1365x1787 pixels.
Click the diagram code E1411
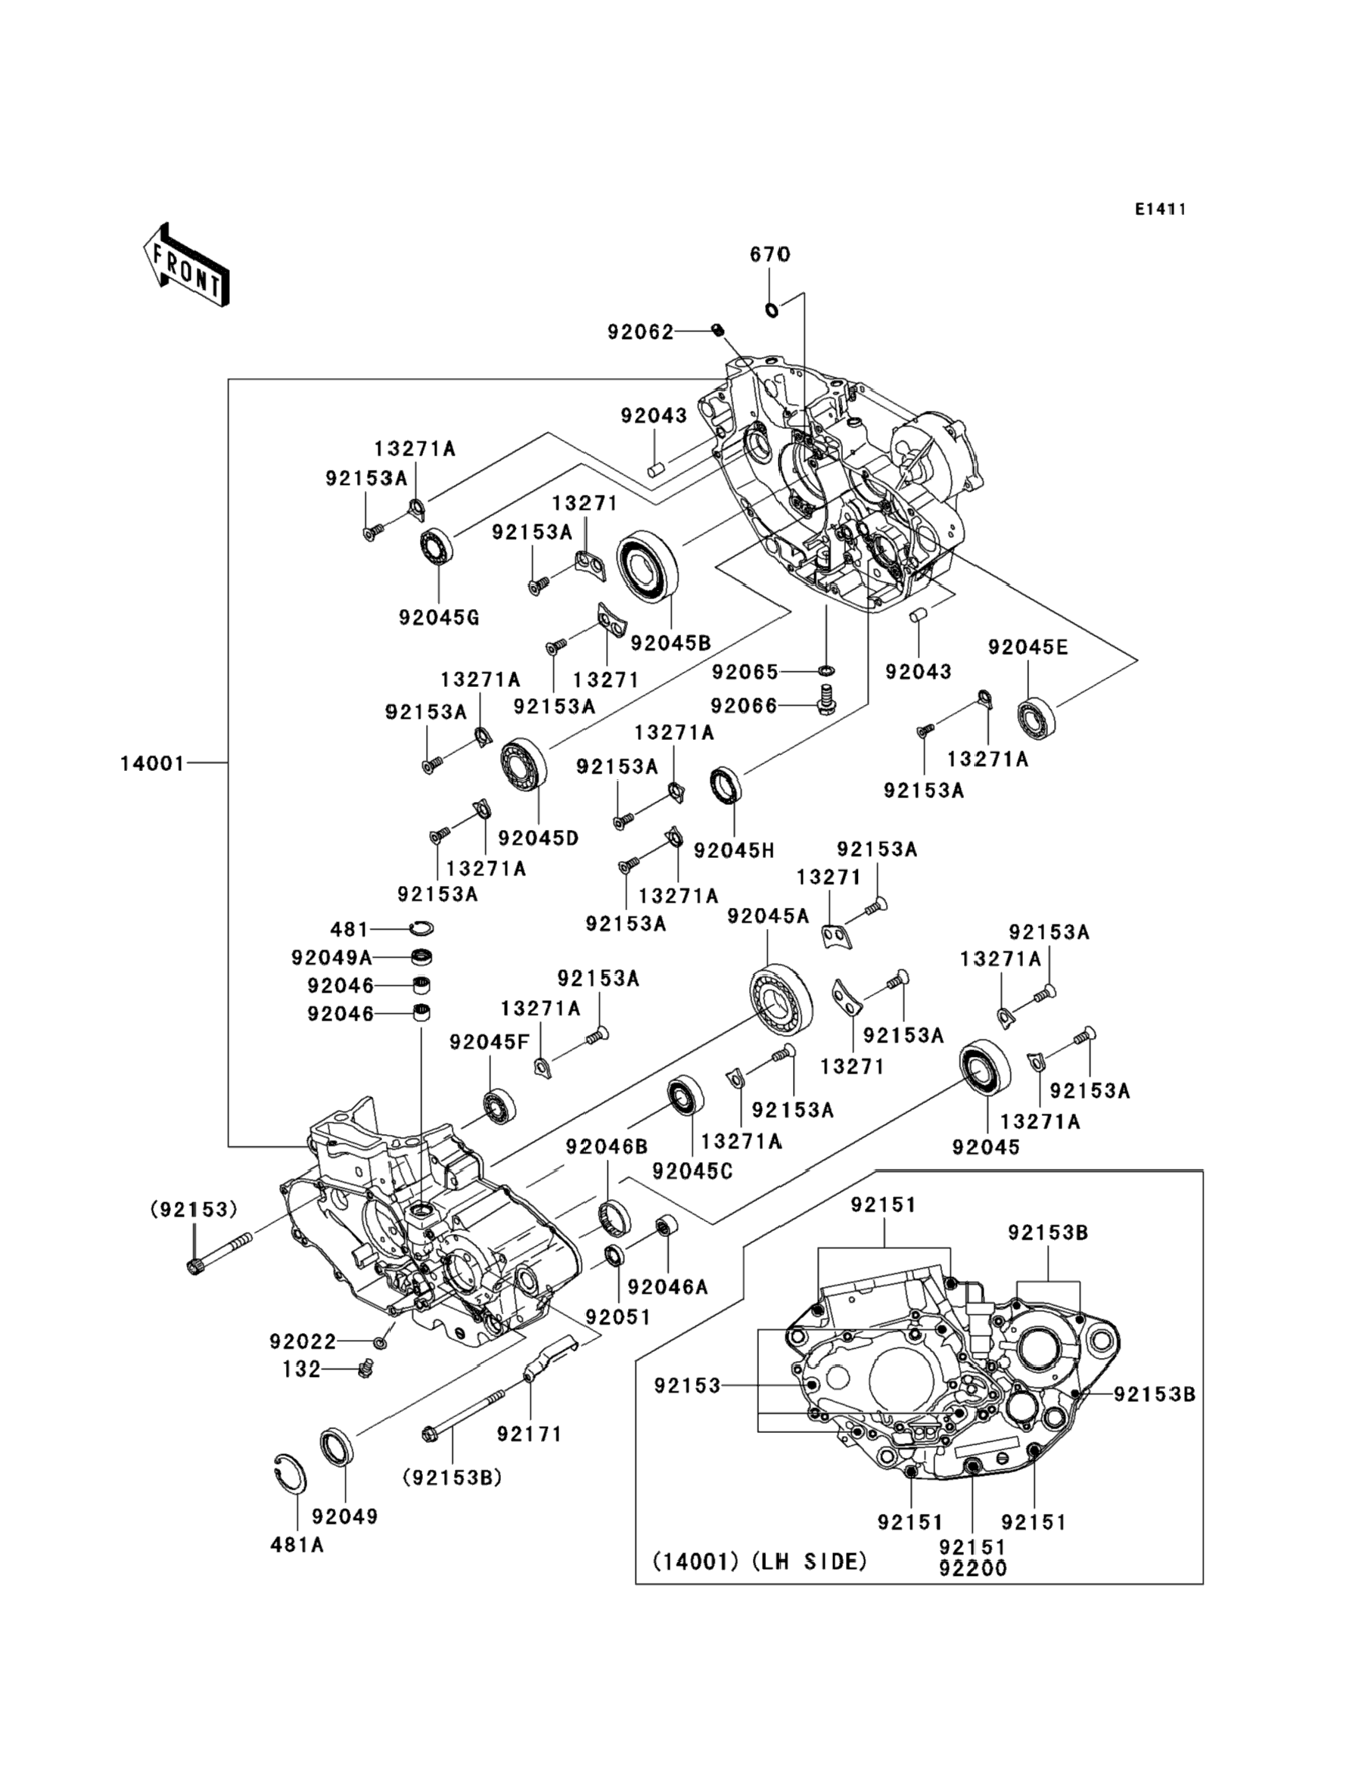[x=1161, y=210]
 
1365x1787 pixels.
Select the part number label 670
[x=770, y=254]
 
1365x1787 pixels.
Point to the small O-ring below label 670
[x=772, y=309]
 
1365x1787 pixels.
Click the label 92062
[x=641, y=331]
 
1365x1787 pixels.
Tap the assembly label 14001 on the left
[x=153, y=763]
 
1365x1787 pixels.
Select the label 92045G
[x=439, y=618]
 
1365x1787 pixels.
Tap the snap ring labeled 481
[x=421, y=928]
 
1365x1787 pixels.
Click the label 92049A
[x=331, y=958]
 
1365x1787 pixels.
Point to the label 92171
[x=530, y=1434]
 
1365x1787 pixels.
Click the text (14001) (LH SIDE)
[x=760, y=1562]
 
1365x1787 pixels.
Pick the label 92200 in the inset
[x=972, y=1569]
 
